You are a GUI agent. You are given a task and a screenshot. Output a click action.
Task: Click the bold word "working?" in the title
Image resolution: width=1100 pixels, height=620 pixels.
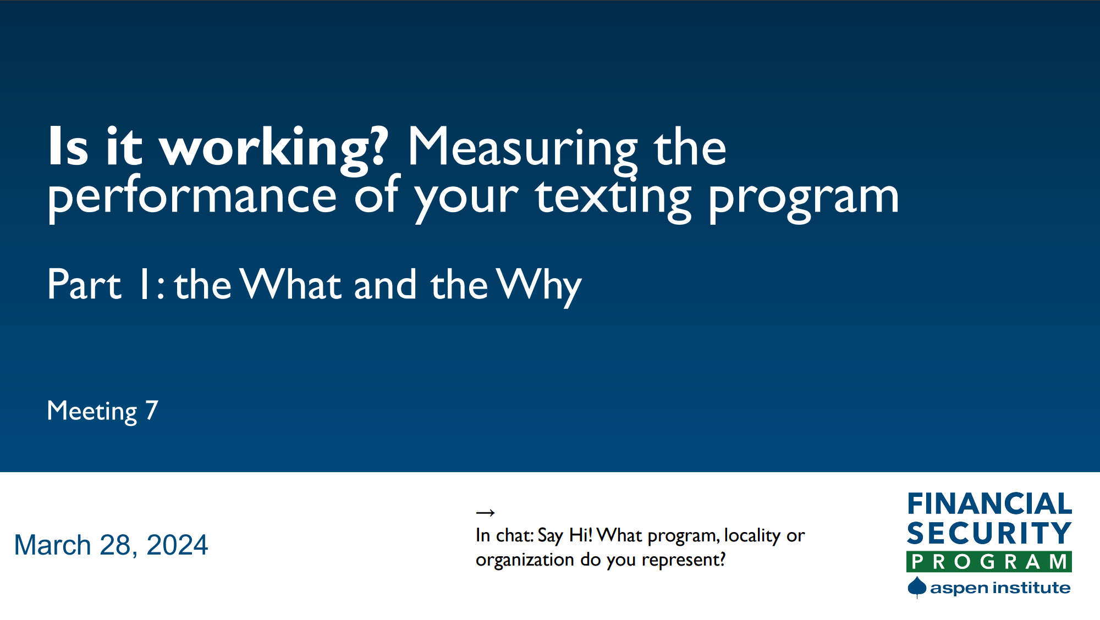click(274, 147)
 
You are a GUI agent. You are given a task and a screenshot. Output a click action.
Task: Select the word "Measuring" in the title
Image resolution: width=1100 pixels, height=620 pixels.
click(521, 147)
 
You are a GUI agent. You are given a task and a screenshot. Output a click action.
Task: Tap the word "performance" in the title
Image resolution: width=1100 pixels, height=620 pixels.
click(192, 197)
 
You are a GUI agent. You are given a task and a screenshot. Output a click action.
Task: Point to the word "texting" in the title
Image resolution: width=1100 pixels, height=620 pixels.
click(613, 197)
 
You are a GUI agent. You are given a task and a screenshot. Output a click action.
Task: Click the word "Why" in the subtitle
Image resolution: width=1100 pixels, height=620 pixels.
click(538, 285)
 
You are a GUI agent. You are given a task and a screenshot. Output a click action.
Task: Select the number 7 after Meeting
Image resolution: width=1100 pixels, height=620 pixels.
click(152, 411)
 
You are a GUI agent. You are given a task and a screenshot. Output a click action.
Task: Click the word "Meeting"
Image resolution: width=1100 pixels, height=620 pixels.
click(92, 411)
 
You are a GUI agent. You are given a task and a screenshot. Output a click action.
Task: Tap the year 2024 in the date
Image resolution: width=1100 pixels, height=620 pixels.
click(177, 545)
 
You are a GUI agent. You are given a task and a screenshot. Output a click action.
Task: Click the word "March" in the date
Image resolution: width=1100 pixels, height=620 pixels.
click(52, 545)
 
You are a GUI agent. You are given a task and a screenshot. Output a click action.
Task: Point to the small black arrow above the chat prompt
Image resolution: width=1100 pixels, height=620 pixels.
click(485, 513)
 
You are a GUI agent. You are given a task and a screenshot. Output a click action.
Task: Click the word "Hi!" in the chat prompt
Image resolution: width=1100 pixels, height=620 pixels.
click(580, 535)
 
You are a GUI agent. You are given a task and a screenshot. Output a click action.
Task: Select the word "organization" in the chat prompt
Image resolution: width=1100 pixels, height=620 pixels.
click(525, 560)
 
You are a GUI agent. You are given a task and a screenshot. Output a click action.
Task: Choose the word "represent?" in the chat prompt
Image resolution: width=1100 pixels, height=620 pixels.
click(684, 560)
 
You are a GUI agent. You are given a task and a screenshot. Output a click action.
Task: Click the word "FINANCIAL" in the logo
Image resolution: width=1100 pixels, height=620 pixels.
click(989, 504)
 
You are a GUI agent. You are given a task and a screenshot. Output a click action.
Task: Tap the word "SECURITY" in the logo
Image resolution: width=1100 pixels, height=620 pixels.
click(989, 533)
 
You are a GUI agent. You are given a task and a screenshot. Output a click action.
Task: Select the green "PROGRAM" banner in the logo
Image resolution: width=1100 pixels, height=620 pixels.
click(989, 562)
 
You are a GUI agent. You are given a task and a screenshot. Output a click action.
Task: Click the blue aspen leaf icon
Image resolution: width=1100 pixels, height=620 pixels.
click(917, 587)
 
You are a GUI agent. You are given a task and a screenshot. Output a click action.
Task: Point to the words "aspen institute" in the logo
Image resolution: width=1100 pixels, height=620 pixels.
click(1000, 588)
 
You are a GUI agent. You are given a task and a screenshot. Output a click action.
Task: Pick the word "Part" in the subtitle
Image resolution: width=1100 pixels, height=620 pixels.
click(84, 285)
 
